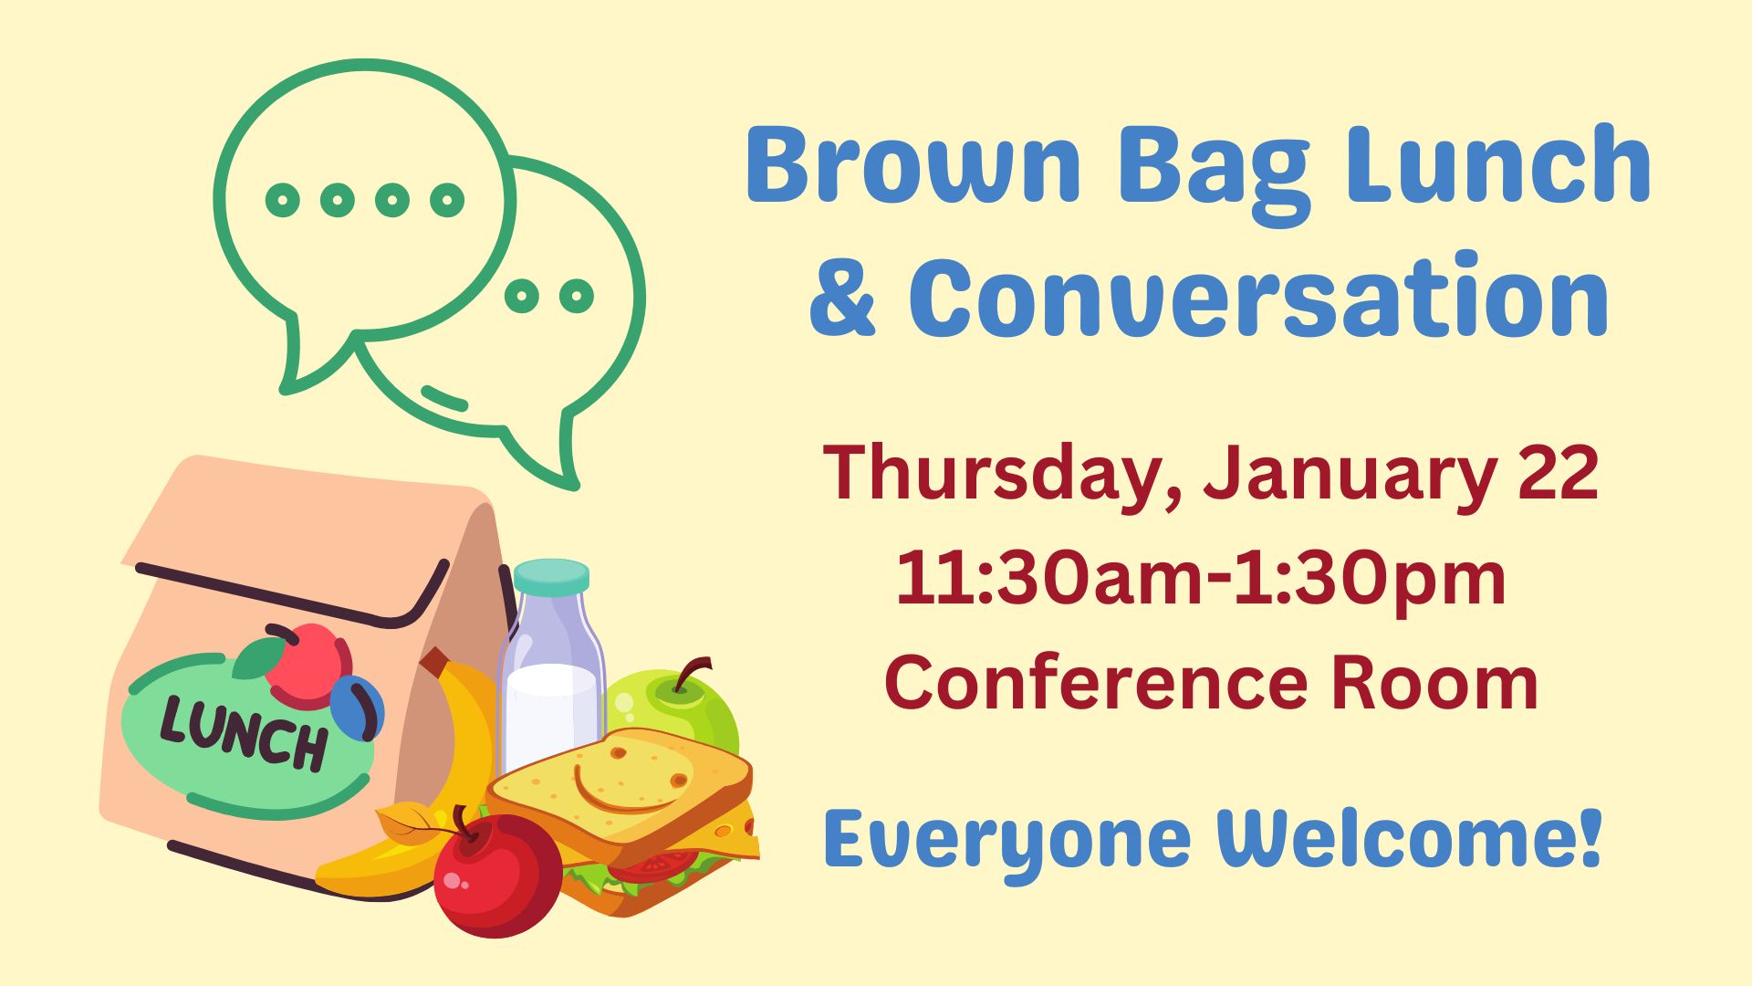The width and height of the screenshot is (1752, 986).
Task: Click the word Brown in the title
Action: pyautogui.click(x=913, y=164)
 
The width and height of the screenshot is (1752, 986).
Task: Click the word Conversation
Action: pyautogui.click(x=1259, y=296)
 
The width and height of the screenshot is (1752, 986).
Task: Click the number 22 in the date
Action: pyautogui.click(x=1559, y=473)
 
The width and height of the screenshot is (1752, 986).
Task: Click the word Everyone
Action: pyautogui.click(x=1007, y=844)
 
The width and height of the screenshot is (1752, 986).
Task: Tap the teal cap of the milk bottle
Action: pyautogui.click(x=551, y=575)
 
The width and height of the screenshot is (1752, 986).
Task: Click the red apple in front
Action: pyautogui.click(x=497, y=875)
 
